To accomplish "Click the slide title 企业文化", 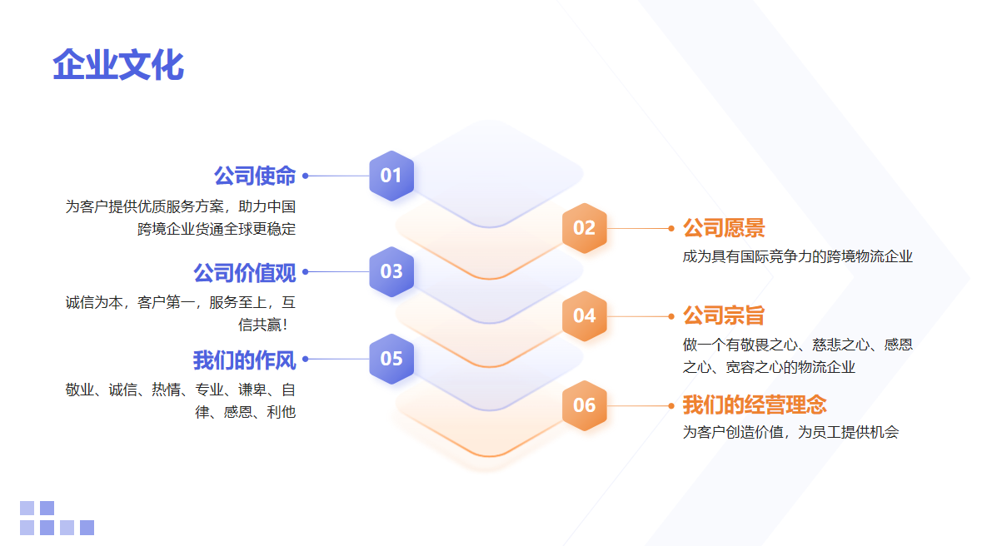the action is (118, 64).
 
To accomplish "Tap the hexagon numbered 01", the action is (391, 176).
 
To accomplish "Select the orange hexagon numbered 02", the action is (585, 228).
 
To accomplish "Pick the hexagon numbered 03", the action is (391, 271).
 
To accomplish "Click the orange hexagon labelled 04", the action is (585, 315).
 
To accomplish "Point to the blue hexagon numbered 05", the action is (391, 359).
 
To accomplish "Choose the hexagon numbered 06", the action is (585, 405).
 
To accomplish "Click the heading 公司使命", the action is (255, 176).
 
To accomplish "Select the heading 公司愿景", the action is (723, 228).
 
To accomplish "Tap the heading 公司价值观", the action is (244, 272).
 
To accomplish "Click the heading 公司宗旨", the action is (723, 315).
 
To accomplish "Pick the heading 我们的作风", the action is (244, 360).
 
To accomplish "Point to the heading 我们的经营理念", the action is (755, 405).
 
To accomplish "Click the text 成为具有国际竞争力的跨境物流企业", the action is (797, 256).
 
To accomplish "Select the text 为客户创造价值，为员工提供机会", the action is (790, 432).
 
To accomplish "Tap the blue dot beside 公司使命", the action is (306, 176).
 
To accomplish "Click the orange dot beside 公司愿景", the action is (671, 229).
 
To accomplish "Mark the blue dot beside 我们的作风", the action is (306, 360).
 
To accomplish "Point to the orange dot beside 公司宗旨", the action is (671, 316).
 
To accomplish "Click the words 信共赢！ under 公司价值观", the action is (263, 325).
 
